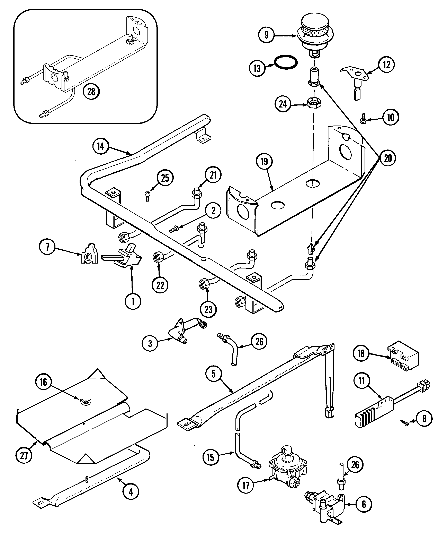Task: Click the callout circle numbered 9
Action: point(266,35)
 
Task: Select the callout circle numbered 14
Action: point(100,146)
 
